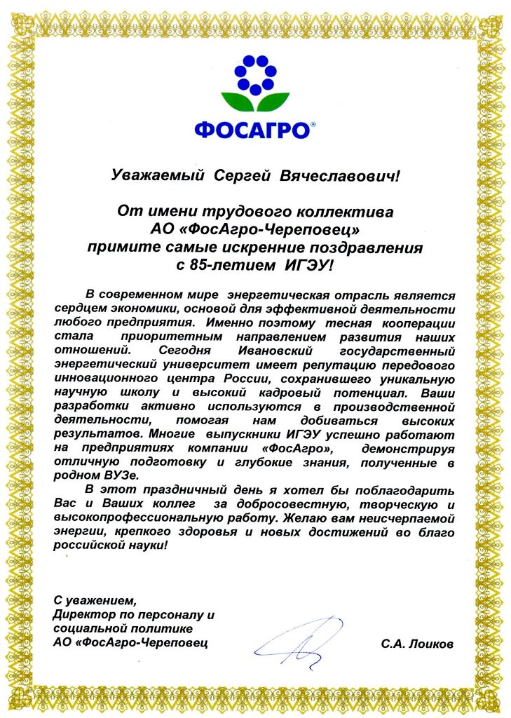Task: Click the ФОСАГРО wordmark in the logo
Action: (x=252, y=130)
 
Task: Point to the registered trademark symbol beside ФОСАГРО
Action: (x=313, y=124)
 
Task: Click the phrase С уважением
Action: (x=92, y=600)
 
